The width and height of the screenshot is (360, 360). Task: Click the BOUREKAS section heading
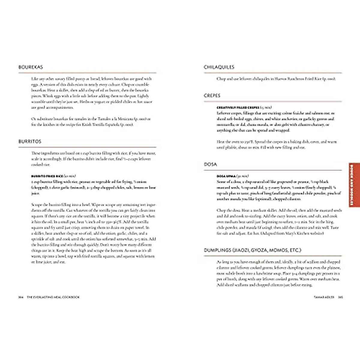click(31, 67)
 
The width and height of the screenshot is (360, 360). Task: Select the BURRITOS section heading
click(30, 142)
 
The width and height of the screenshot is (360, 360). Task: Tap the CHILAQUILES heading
click(219, 67)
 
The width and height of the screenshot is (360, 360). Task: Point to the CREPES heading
click(212, 96)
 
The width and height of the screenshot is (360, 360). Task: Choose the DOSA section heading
click(210, 164)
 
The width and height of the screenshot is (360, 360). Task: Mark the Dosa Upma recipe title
click(226, 176)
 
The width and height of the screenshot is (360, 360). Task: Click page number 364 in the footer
click(21, 297)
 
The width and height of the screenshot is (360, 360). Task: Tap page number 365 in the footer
click(340, 297)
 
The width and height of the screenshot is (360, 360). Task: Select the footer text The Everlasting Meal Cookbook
click(53, 297)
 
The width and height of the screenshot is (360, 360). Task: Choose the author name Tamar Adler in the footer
click(324, 297)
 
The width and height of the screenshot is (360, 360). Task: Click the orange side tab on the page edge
click(353, 185)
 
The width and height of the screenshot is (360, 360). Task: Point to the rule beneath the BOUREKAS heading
click(87, 73)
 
